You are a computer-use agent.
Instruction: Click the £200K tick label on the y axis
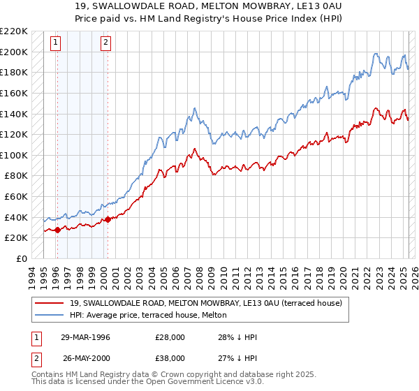pyautogui.click(x=14, y=52)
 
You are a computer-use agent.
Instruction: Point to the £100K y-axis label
pyautogui.click(x=14, y=155)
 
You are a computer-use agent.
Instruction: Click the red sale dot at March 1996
pyautogui.click(x=56, y=230)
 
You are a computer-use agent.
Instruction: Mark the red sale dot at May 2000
pyautogui.click(x=108, y=219)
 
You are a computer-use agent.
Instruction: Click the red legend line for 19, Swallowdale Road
pyautogui.click(x=49, y=303)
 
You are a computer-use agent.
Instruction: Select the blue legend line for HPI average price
pyautogui.click(x=49, y=315)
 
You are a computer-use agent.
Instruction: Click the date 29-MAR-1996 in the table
pyautogui.click(x=87, y=337)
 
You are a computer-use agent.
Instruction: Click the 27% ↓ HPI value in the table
pyautogui.click(x=237, y=358)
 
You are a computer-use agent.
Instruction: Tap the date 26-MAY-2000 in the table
pyautogui.click(x=87, y=358)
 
